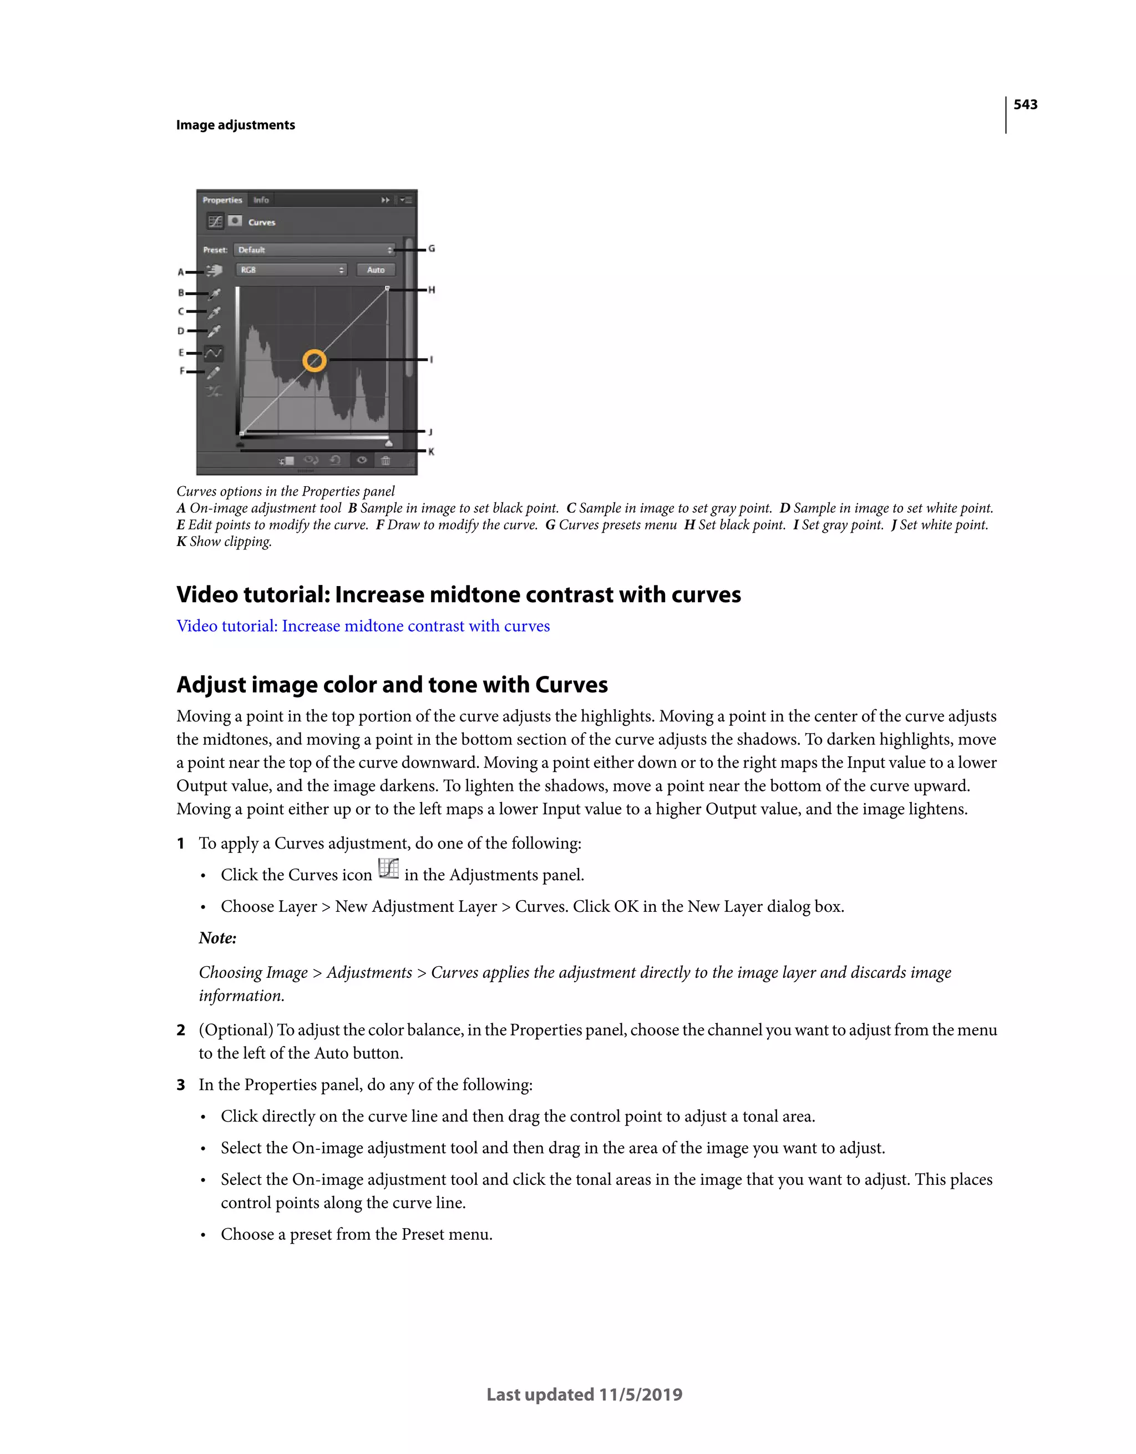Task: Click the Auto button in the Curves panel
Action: pos(376,270)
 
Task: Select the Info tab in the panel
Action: pos(261,200)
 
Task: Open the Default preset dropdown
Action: pos(315,250)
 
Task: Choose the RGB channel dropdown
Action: pos(291,270)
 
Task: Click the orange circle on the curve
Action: pos(314,360)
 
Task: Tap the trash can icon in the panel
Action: pos(386,460)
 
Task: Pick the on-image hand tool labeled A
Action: pos(214,270)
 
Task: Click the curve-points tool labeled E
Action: pos(214,353)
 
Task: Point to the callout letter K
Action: pos(431,451)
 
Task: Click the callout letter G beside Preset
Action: pos(431,248)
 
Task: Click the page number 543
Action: pos(1025,104)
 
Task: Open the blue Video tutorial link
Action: pos(363,626)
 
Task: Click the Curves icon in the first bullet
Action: pos(388,869)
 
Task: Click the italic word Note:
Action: pos(217,938)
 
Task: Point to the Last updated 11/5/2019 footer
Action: pos(584,1394)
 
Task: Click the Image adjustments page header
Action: pos(236,125)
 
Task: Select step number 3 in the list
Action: pos(180,1084)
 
